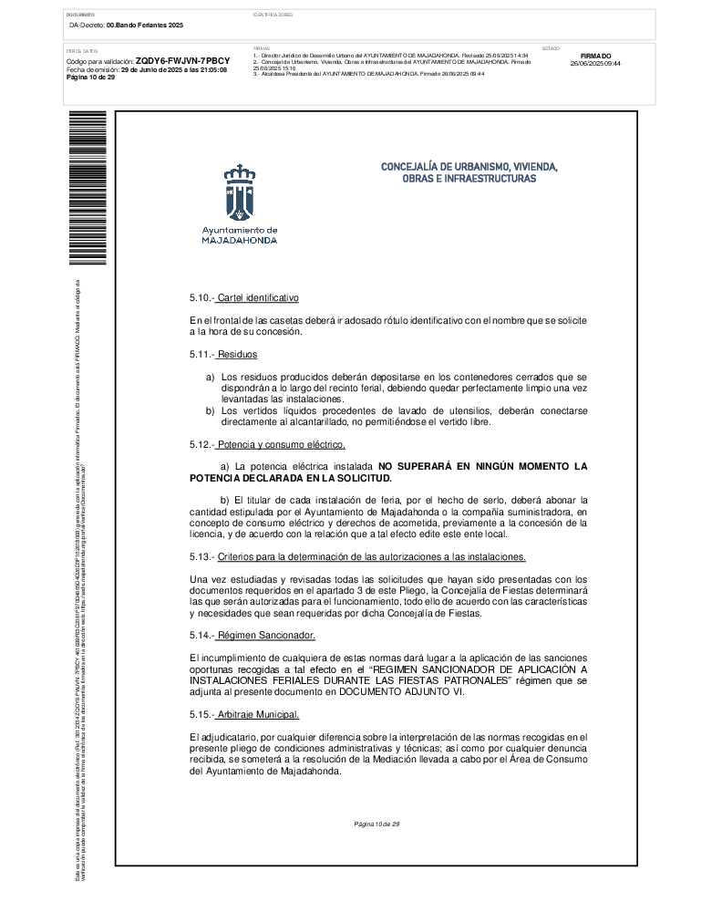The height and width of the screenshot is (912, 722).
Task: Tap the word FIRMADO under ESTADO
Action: [x=595, y=56]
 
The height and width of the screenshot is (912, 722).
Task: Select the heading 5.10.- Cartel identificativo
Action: [x=243, y=298]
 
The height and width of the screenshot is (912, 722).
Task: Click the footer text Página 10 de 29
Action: [x=377, y=824]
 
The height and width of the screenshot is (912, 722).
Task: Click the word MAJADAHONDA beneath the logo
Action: [x=240, y=241]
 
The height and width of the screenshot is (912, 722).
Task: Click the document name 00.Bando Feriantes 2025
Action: [x=145, y=25]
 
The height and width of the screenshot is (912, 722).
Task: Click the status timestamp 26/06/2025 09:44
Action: [x=595, y=64]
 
